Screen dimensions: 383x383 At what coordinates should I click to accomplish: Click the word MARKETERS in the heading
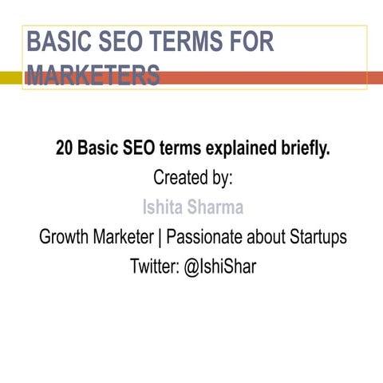pos(93,77)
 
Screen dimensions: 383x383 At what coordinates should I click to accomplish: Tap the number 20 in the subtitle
pos(65,148)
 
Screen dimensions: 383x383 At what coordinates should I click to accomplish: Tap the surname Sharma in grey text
pos(215,208)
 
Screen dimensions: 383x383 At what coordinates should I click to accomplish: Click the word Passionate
pos(206,238)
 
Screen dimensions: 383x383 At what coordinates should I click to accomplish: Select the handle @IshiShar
pos(220,267)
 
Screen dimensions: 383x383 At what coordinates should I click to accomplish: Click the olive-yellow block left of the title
pos(10,77)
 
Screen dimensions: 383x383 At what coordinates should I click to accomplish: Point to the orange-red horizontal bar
pos(271,77)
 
